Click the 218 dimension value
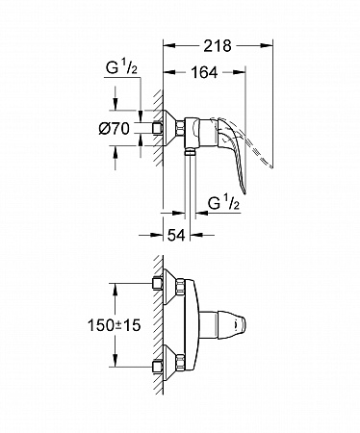[218, 46]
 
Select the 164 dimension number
[204, 72]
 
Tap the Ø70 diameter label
[115, 129]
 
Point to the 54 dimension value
[176, 236]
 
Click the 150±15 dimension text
[115, 325]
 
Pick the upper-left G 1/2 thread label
[121, 68]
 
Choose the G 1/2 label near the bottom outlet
[224, 203]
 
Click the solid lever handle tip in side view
[244, 192]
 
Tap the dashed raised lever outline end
[271, 166]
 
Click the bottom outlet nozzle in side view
[191, 152]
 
